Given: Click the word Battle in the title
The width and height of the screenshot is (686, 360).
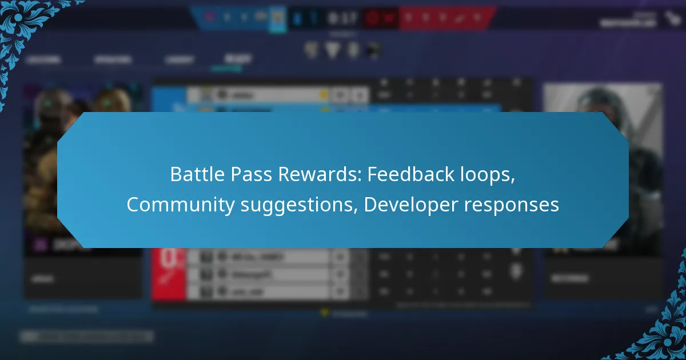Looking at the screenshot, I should [193, 175].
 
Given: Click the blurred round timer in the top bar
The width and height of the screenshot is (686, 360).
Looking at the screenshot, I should [373, 18].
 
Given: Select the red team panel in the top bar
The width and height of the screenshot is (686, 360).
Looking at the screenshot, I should [446, 18].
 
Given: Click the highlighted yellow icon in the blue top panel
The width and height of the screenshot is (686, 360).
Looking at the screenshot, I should [277, 18].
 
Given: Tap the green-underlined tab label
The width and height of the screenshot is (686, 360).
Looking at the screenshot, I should [237, 59].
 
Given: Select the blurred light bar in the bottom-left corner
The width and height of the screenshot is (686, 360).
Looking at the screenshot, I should [86, 337].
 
